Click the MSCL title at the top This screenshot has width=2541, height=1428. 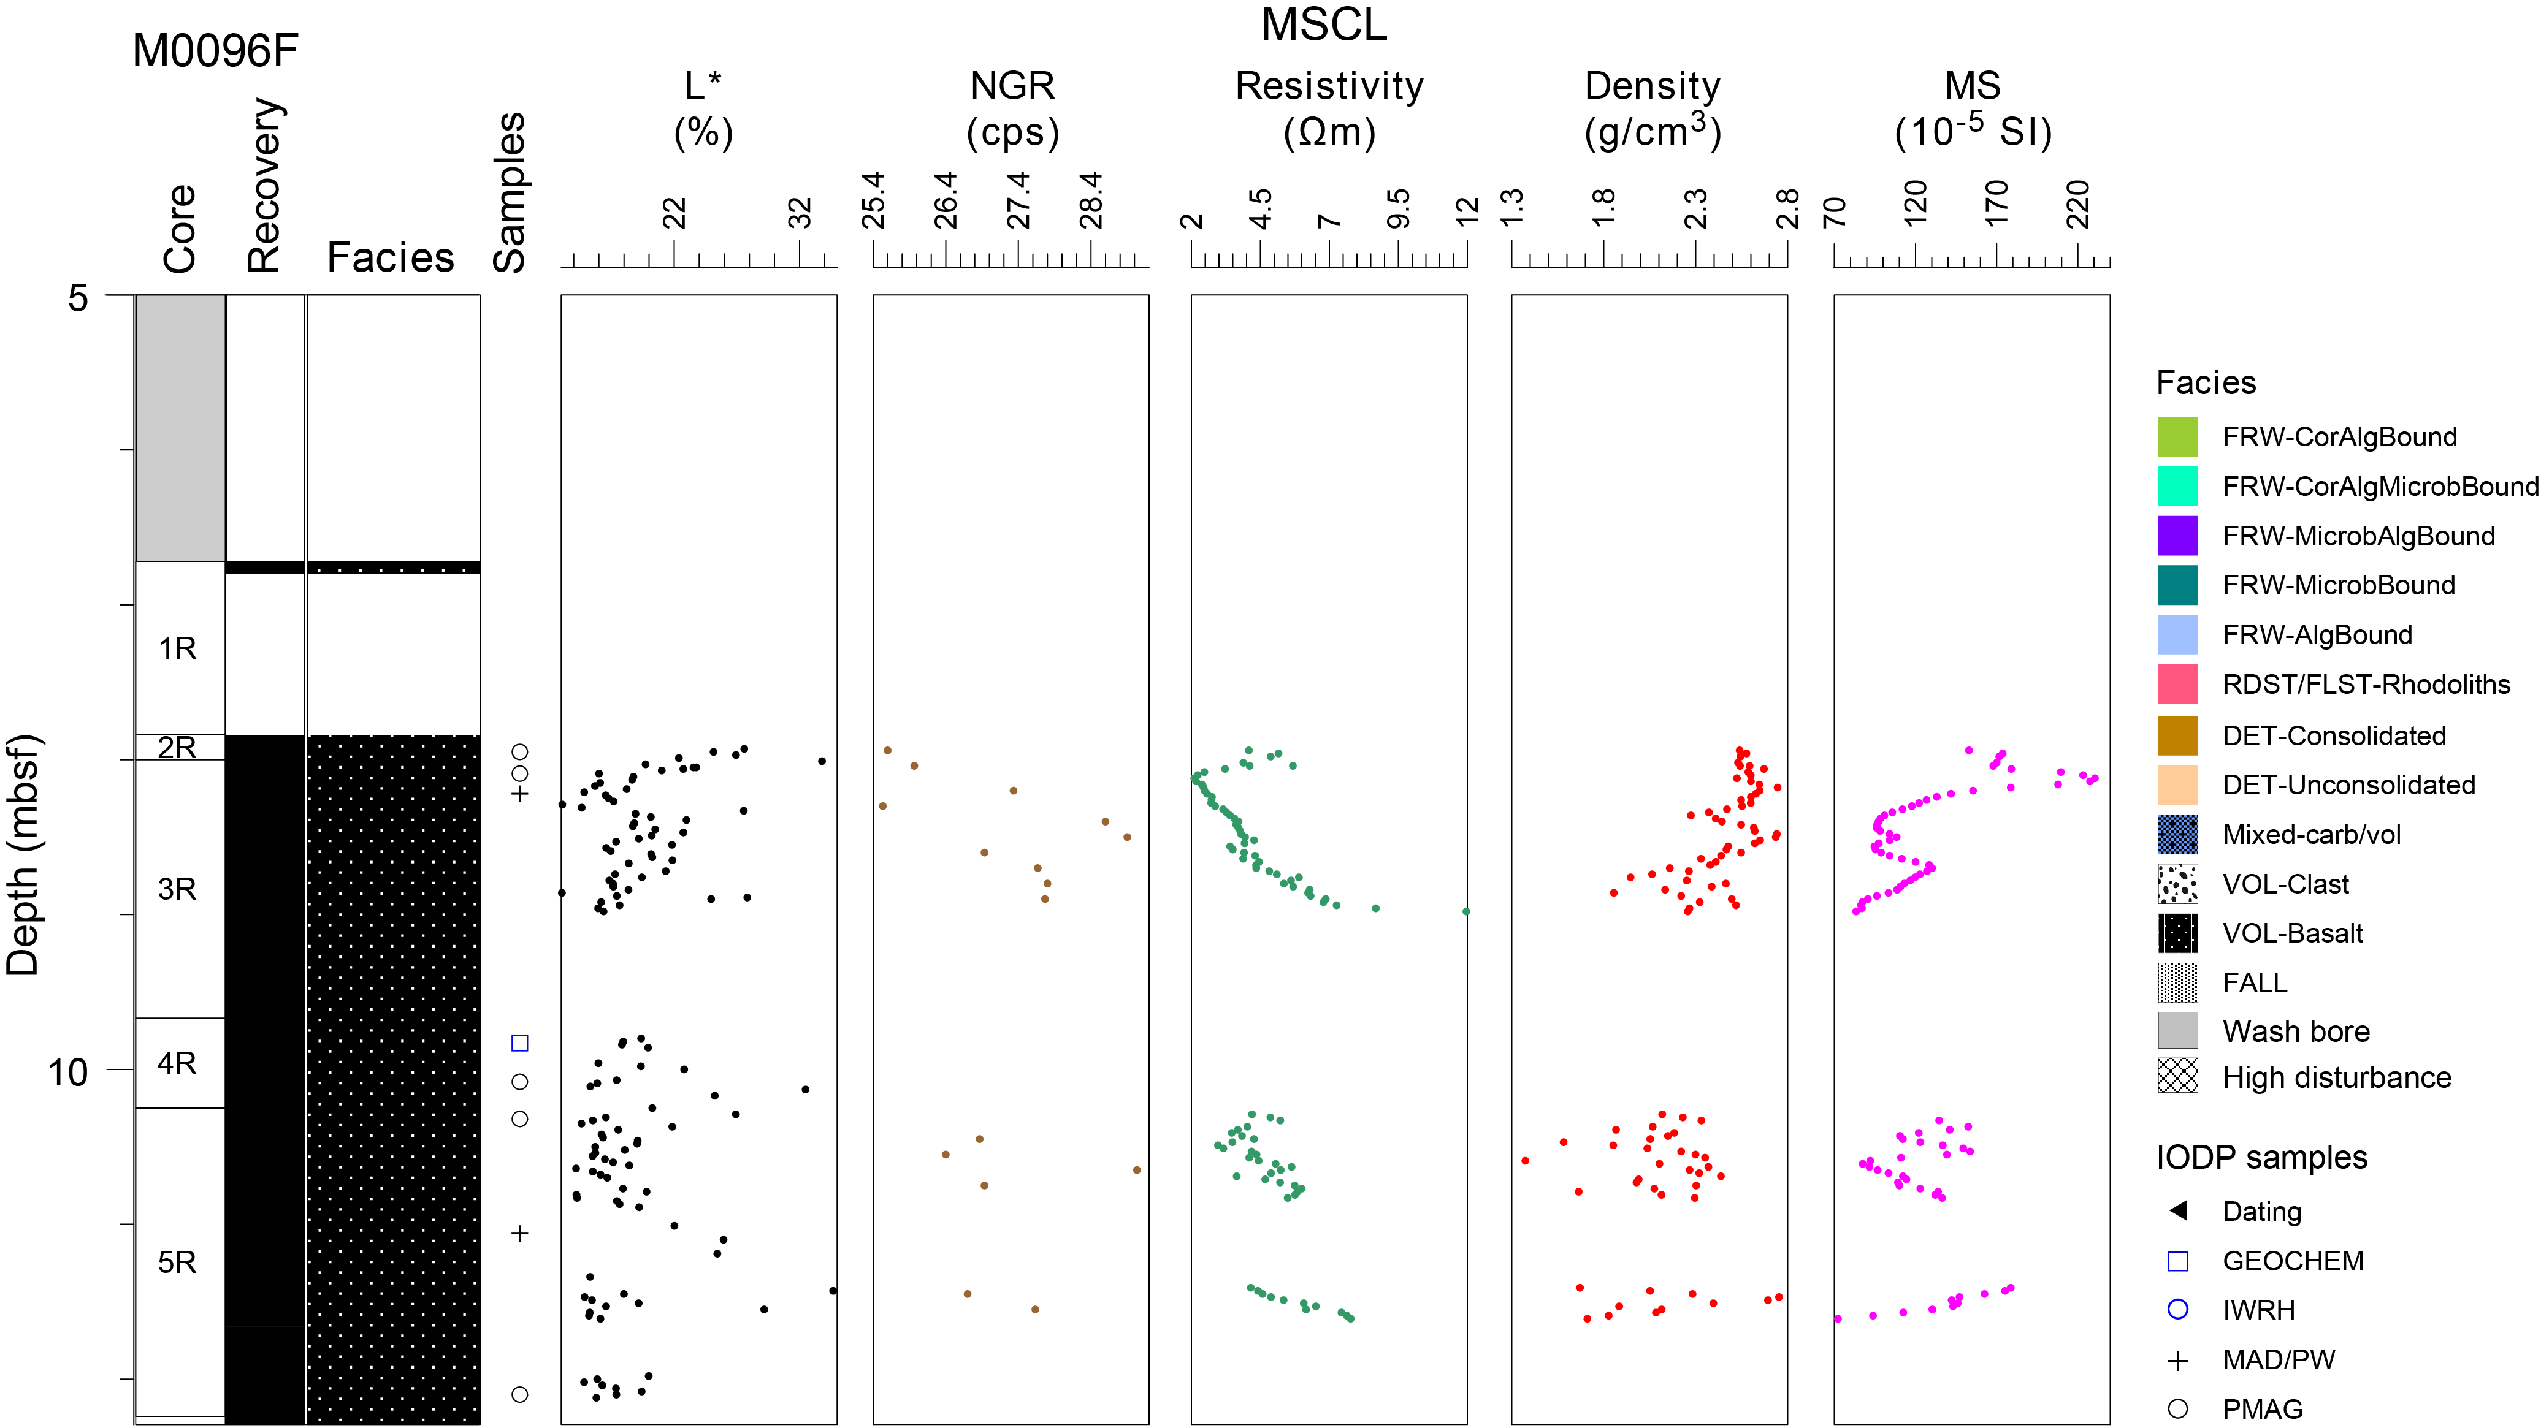tap(1324, 25)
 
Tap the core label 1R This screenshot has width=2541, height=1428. tap(178, 649)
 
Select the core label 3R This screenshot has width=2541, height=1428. tap(178, 889)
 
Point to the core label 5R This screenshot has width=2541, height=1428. tap(178, 1263)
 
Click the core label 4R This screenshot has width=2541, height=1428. tap(178, 1063)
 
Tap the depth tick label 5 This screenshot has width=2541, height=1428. tap(78, 298)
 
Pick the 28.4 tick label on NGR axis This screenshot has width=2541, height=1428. tap(1091, 201)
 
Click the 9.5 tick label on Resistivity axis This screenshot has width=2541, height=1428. tap(1399, 209)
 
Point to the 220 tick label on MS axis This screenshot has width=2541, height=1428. tap(2077, 204)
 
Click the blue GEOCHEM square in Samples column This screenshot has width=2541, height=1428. tap(520, 1043)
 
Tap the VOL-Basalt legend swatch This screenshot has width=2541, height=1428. tap(2177, 933)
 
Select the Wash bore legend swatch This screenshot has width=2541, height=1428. tap(2177, 1031)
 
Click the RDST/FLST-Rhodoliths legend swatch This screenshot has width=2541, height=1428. tap(2177, 683)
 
